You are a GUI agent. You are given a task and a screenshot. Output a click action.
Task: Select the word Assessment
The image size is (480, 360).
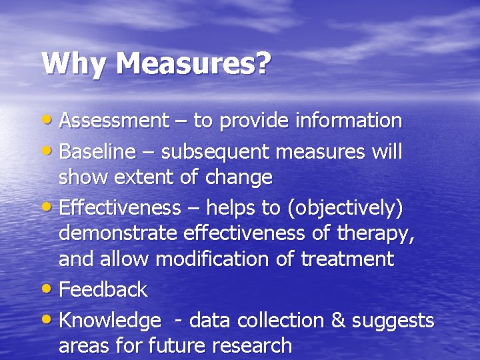tap(114, 121)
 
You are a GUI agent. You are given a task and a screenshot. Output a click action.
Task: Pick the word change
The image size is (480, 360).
tap(239, 177)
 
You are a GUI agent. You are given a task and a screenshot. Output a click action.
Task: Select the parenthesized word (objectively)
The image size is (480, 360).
tap(345, 209)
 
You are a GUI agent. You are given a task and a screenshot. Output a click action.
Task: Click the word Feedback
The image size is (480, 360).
tap(103, 289)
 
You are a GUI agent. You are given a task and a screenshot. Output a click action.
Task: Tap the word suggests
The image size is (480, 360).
tap(393, 321)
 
